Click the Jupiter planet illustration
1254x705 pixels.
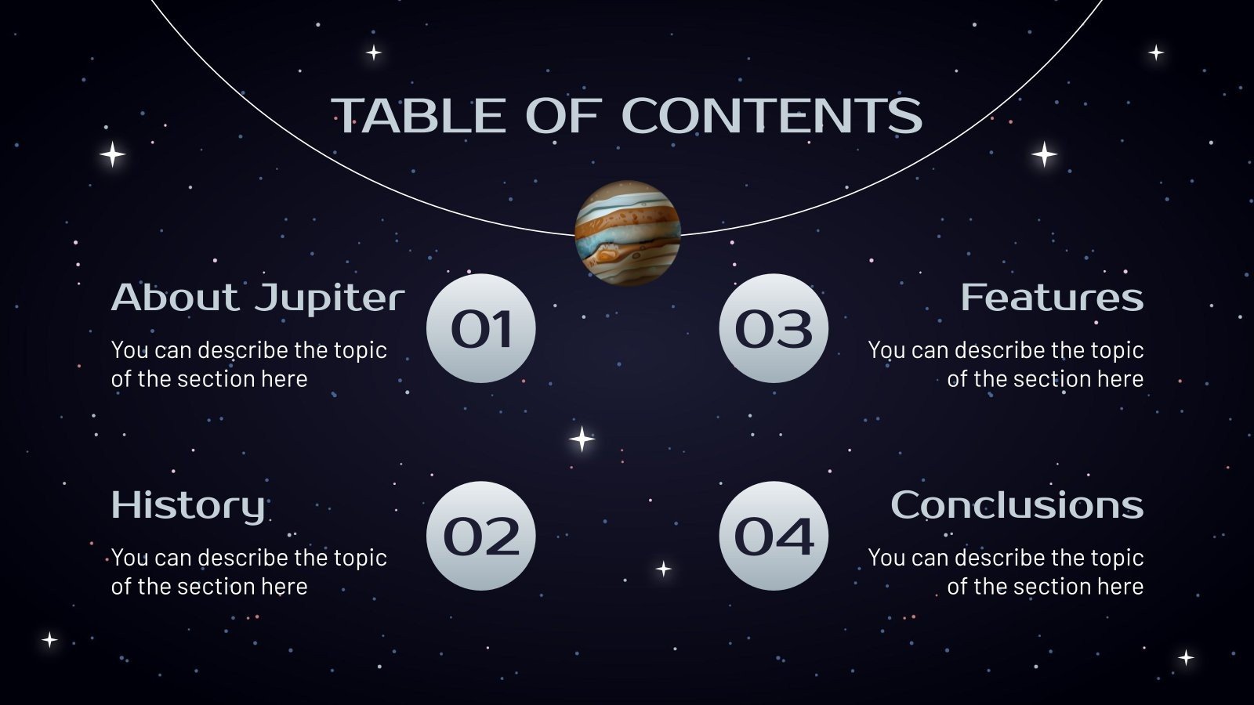[x=627, y=233]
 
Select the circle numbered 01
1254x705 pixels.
[x=481, y=328]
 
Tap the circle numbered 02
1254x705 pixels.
[x=481, y=536]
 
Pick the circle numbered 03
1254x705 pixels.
[x=774, y=328]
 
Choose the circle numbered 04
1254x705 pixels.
[x=774, y=536]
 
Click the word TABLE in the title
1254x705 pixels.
[x=419, y=116]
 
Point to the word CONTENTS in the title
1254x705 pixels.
[x=771, y=116]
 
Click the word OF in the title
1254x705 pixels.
[x=563, y=116]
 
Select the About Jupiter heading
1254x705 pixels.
[x=257, y=298]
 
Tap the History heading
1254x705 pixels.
[x=188, y=505]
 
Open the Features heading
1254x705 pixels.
[x=1052, y=298]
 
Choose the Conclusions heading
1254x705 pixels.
[x=1017, y=505]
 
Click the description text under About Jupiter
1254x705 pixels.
[x=248, y=364]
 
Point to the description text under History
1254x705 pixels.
[x=248, y=572]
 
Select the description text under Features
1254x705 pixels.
[x=1006, y=364]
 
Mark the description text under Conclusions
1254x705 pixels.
[x=1006, y=572]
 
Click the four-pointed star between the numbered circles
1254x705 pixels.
[x=582, y=439]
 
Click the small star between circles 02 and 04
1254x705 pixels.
[x=664, y=569]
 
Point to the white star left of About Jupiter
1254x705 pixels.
[x=113, y=154]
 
